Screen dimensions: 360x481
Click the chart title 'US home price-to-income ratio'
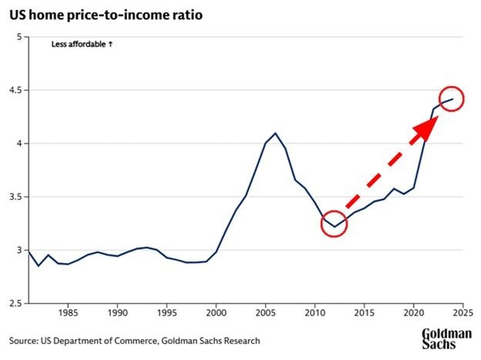point(106,14)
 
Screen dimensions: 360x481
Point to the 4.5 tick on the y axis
point(15,90)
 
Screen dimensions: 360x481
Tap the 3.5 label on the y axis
point(15,197)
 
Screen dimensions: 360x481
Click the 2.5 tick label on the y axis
point(15,304)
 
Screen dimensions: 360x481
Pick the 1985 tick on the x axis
point(68,315)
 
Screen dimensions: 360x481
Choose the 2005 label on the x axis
point(265,315)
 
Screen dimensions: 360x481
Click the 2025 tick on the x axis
point(462,315)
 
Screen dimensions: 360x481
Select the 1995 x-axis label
point(166,315)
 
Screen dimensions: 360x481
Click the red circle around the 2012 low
point(334,224)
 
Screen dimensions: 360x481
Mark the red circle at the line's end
point(450,99)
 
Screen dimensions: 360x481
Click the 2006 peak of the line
point(275,133)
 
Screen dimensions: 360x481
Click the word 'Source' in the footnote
point(24,340)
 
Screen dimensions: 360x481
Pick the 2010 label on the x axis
point(314,315)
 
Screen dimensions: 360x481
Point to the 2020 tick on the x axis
point(413,315)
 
